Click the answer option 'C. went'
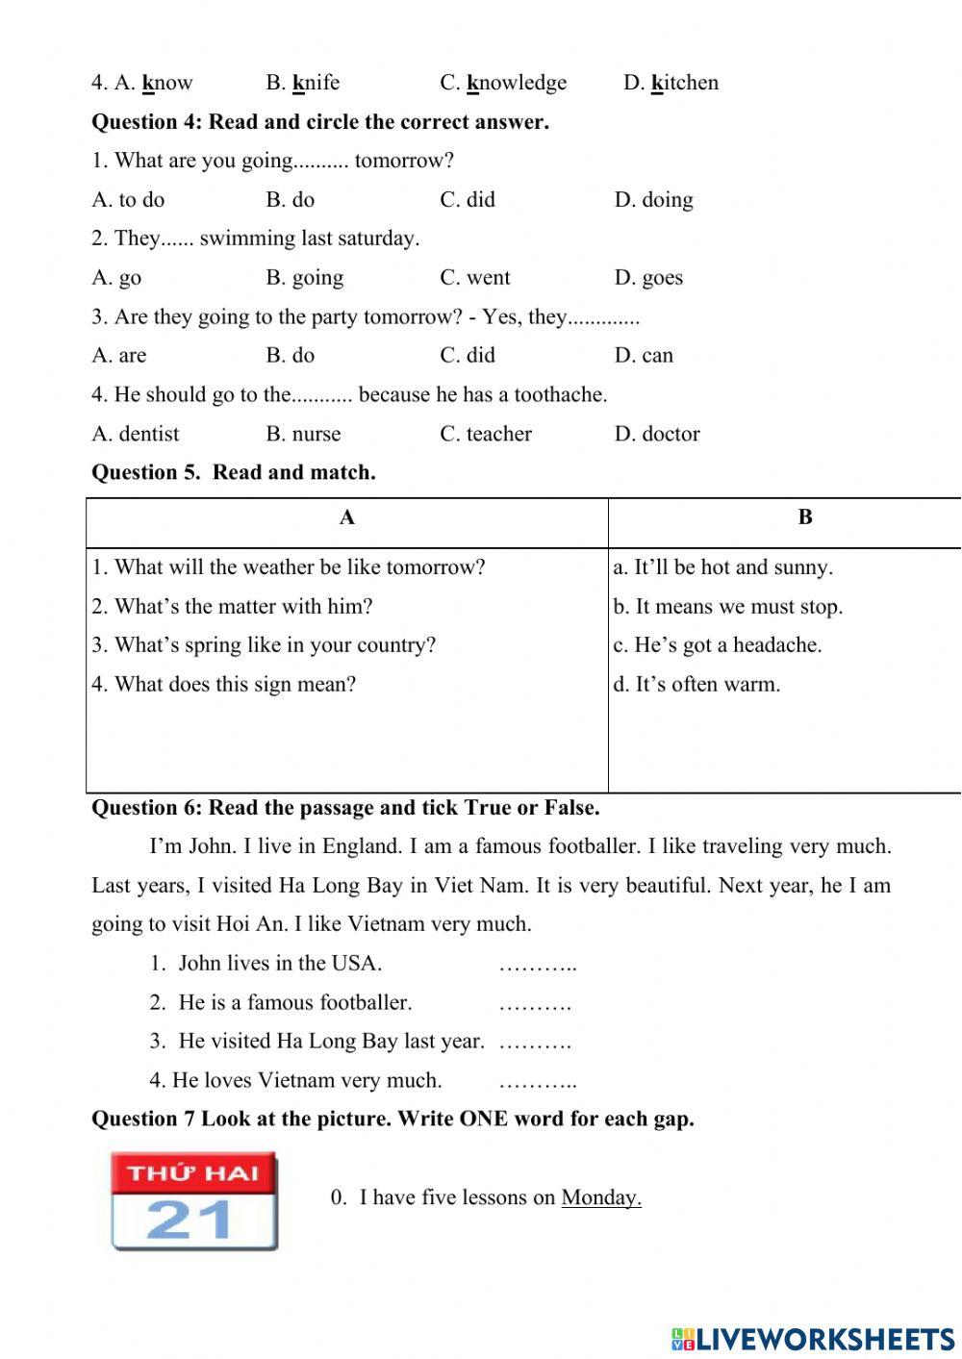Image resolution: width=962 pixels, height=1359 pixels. [475, 278]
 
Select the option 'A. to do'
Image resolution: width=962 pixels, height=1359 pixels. [128, 200]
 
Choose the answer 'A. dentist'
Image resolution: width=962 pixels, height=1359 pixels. [135, 434]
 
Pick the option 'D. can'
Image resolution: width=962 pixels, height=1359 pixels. [644, 356]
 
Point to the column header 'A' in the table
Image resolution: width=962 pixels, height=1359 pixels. [347, 518]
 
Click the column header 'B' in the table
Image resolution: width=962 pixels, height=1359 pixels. [805, 518]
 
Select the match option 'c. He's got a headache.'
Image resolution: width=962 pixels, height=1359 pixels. [718, 645]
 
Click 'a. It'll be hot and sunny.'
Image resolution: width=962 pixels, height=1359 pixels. [722, 567]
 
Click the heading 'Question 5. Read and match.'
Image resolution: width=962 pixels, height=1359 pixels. [233, 472]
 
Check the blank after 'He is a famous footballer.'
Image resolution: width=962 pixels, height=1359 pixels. [535, 1004]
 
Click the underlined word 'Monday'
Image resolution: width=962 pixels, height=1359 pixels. [600, 1197]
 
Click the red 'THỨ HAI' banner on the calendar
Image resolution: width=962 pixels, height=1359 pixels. [193, 1172]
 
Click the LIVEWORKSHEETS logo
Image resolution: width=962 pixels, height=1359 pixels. [813, 1339]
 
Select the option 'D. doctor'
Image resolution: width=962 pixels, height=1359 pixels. [657, 434]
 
